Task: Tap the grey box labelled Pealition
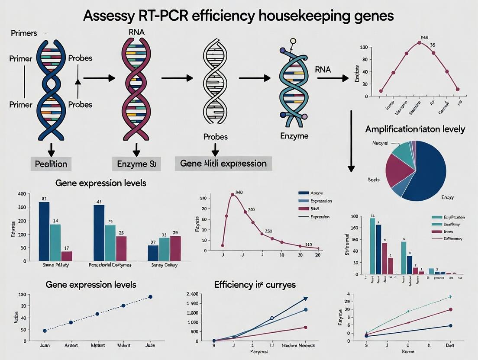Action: [x=51, y=164]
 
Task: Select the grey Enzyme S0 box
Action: [x=136, y=164]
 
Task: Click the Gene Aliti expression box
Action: [x=223, y=164]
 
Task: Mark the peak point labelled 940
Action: [x=233, y=195]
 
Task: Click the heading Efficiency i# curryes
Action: [x=255, y=285]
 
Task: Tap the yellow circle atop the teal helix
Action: [x=293, y=41]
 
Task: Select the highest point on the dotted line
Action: [x=150, y=297]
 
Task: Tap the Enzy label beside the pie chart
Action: [x=448, y=197]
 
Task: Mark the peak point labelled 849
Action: [x=420, y=43]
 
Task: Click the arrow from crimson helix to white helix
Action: [x=177, y=78]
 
